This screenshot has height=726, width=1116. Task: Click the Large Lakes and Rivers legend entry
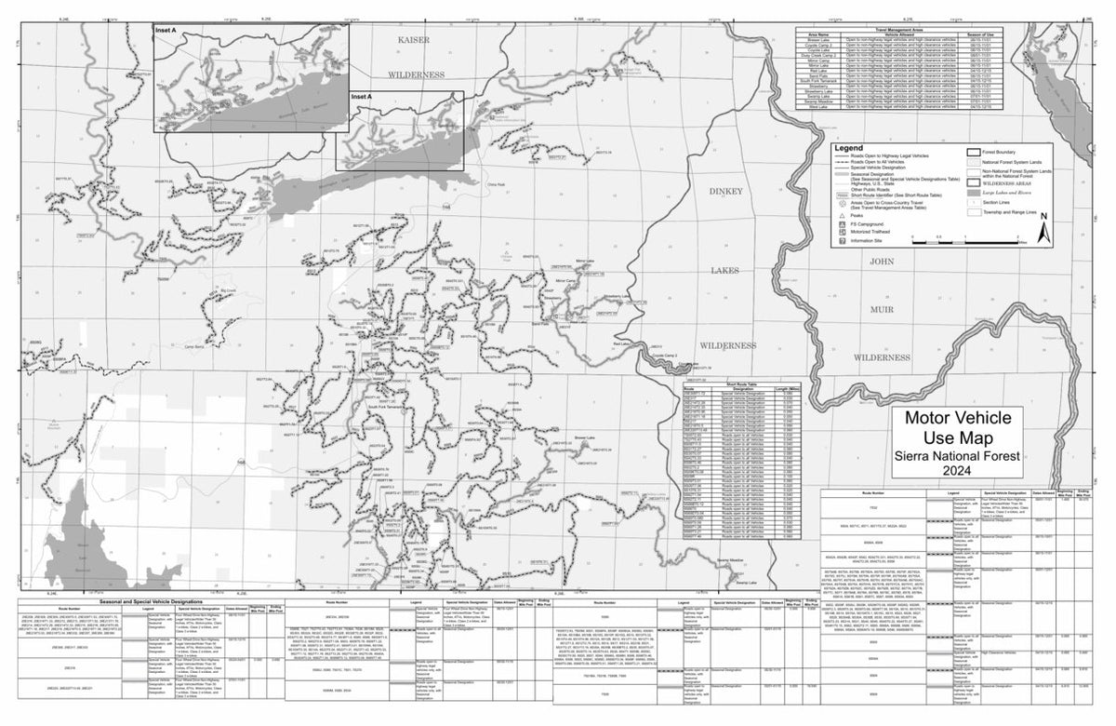(1016, 193)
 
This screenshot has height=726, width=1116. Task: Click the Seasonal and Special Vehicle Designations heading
(125, 604)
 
